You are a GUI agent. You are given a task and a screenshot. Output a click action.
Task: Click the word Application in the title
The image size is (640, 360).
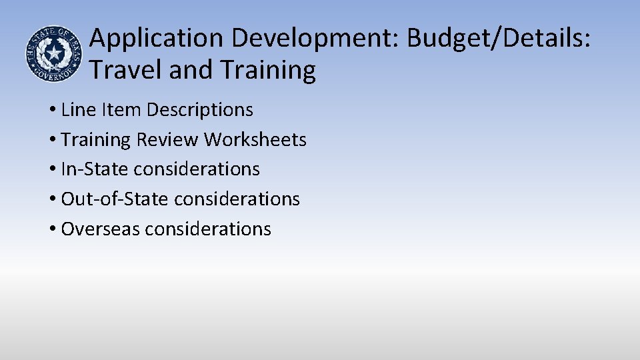pyautogui.click(x=157, y=39)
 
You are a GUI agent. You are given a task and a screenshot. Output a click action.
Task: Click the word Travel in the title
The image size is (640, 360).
pyautogui.click(x=126, y=69)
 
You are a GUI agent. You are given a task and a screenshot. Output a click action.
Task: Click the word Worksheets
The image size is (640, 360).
pyautogui.click(x=255, y=139)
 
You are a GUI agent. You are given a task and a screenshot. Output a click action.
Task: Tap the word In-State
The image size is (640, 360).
pyautogui.click(x=95, y=169)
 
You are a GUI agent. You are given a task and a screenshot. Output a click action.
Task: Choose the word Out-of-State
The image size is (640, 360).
pyautogui.click(x=115, y=199)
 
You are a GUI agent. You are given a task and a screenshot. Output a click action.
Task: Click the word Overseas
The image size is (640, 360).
pyautogui.click(x=100, y=229)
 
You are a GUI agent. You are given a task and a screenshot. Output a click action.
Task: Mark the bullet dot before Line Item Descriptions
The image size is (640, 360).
pyautogui.click(x=52, y=110)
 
